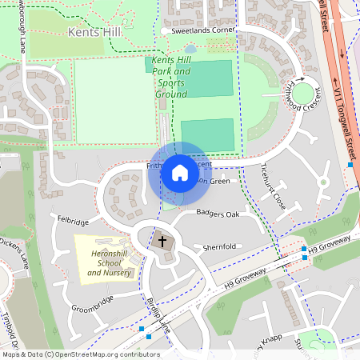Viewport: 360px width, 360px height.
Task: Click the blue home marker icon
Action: (180, 173)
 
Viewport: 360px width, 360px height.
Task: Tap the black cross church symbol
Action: (162, 240)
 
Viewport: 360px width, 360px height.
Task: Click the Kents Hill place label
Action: (94, 34)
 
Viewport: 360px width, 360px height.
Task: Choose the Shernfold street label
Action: (222, 247)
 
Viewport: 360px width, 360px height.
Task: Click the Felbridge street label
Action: (74, 218)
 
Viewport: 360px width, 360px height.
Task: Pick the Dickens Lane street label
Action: (14, 251)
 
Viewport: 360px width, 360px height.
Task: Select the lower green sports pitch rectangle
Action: (207, 135)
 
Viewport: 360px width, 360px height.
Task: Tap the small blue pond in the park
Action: (190, 49)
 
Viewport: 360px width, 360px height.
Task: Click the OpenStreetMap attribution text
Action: (80, 354)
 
